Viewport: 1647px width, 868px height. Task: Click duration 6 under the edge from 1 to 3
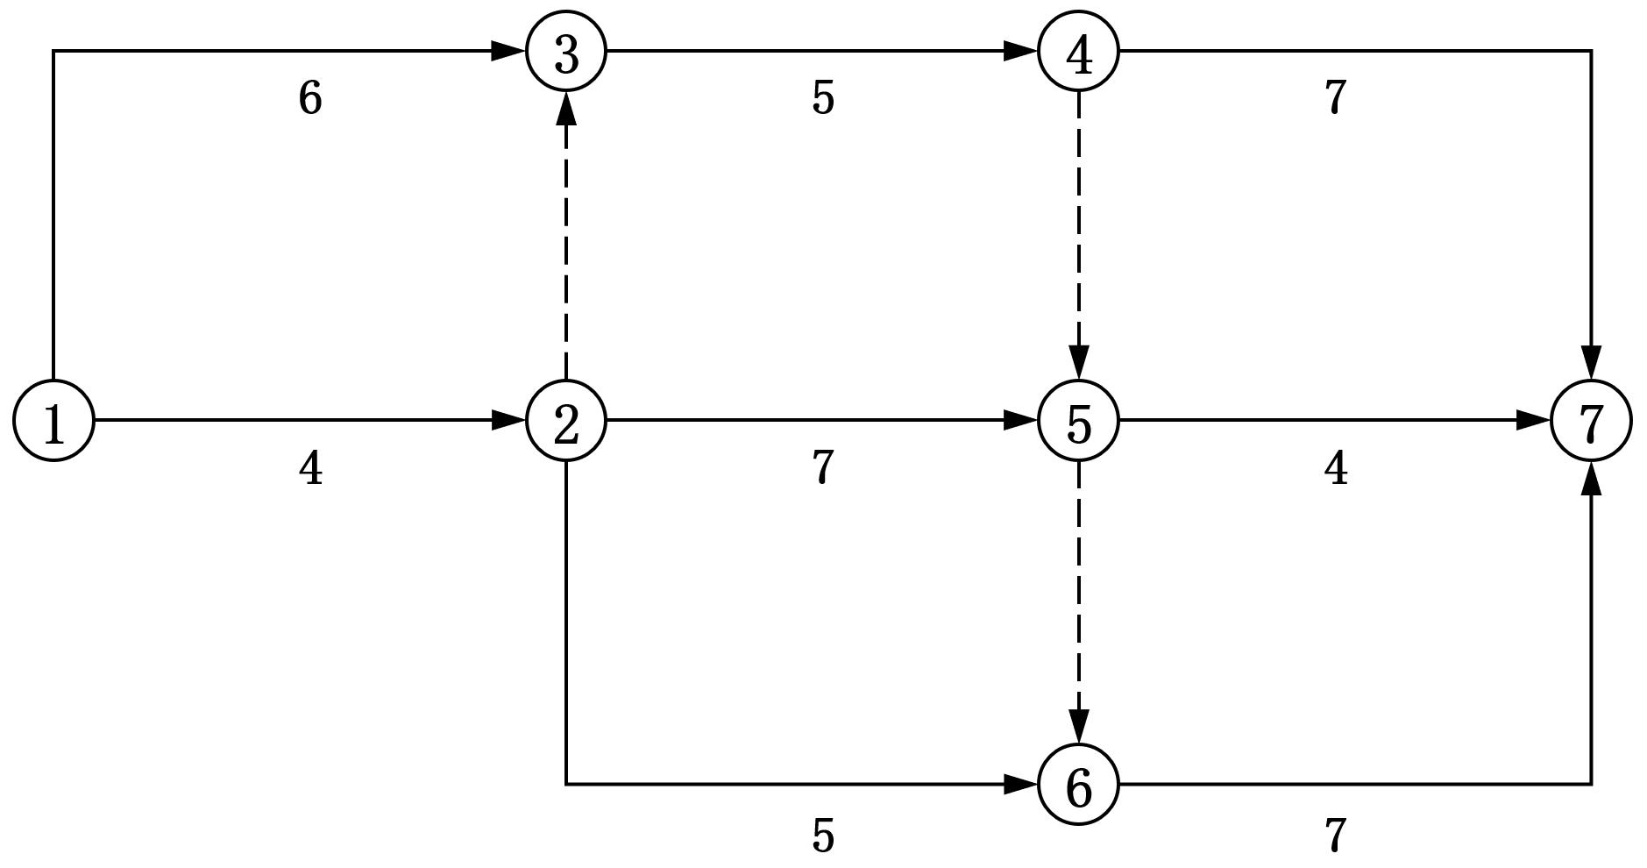[310, 98]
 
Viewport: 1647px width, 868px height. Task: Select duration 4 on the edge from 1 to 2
[310, 469]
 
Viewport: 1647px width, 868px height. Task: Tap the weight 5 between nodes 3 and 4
[823, 98]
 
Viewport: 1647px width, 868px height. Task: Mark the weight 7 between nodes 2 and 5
[823, 468]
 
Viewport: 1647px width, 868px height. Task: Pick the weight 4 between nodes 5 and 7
[1335, 469]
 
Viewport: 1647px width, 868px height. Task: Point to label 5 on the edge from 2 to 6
[823, 836]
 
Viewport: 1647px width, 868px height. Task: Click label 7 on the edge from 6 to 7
[1335, 836]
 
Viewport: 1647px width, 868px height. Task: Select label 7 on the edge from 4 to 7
[1335, 98]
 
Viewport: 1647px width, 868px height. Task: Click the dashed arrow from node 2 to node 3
[566, 237]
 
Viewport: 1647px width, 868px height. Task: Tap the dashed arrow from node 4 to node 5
[1078, 237]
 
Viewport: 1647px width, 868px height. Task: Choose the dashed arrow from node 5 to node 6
[1078, 603]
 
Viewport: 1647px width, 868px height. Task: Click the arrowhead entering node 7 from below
[1591, 479]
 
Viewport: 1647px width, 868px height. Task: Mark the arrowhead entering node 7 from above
[1591, 363]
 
